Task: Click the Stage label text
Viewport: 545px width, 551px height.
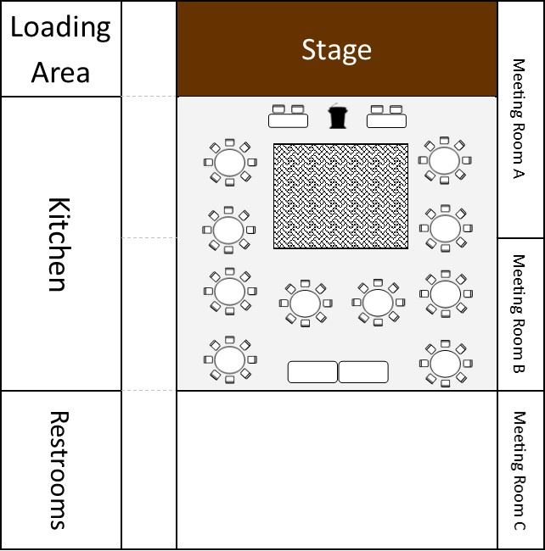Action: click(x=336, y=50)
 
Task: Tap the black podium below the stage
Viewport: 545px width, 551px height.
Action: click(x=337, y=116)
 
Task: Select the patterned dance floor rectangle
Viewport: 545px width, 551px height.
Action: click(x=341, y=196)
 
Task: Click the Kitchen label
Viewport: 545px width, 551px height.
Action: click(x=59, y=244)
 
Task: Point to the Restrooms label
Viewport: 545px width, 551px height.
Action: click(x=59, y=470)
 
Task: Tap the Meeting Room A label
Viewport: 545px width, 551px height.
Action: click(x=519, y=119)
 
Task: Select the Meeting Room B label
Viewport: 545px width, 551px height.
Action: click(x=519, y=313)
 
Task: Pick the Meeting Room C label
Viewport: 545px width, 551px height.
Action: click(x=519, y=470)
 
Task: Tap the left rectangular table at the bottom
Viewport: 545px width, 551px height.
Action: click(x=312, y=372)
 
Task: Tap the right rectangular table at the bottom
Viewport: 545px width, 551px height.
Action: click(x=363, y=372)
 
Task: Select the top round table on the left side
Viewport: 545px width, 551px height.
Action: click(x=230, y=163)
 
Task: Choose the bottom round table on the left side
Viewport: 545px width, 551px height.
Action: click(x=230, y=359)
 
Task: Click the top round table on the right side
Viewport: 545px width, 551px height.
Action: click(x=444, y=160)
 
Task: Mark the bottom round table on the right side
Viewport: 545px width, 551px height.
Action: click(x=446, y=364)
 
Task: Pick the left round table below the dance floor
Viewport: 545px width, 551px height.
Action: click(x=306, y=303)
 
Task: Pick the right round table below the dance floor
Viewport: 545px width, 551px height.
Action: click(x=378, y=303)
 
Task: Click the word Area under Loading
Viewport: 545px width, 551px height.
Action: click(x=60, y=72)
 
